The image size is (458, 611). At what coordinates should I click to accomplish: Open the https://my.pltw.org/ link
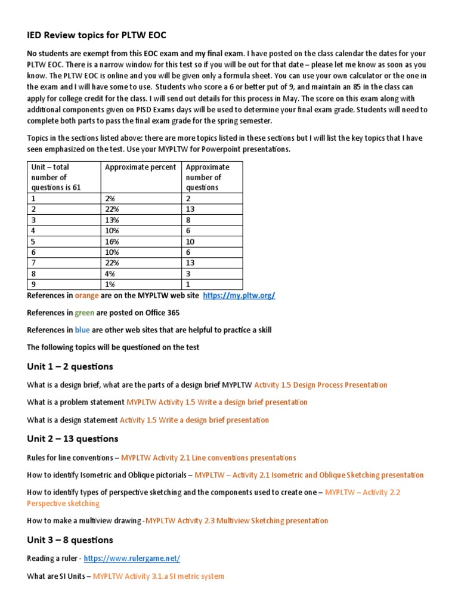click(x=239, y=295)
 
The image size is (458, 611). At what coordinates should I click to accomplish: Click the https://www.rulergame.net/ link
click(x=132, y=558)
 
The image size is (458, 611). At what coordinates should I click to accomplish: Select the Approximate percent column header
click(x=141, y=167)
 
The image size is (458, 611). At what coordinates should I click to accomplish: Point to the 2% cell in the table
click(x=110, y=199)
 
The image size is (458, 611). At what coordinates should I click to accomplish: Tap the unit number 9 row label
click(x=33, y=285)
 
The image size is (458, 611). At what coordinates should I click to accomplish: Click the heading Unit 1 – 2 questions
click(x=70, y=366)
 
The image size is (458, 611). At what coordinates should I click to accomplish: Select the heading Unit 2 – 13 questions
click(x=73, y=439)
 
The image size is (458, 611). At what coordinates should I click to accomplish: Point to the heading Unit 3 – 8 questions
click(x=70, y=540)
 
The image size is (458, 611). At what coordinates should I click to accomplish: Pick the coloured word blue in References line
click(x=82, y=330)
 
